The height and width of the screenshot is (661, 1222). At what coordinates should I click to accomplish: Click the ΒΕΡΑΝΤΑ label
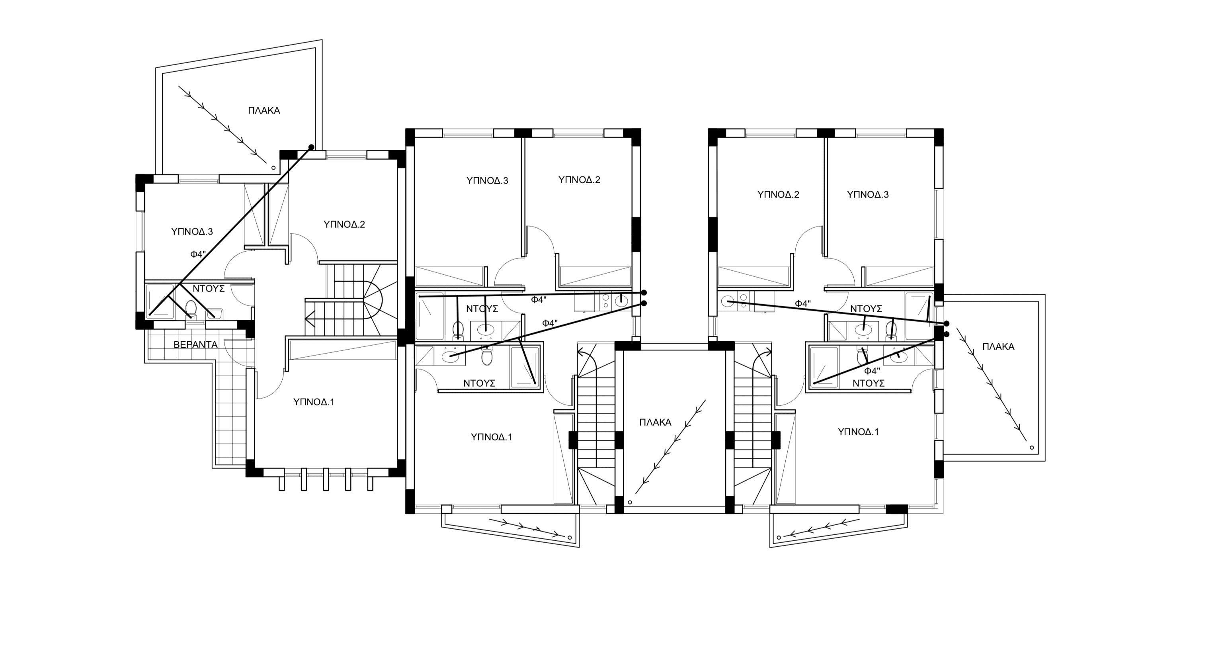coord(195,345)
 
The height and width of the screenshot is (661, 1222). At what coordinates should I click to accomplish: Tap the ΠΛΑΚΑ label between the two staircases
coord(655,422)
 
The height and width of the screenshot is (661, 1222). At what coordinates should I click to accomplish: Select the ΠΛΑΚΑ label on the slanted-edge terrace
coord(264,111)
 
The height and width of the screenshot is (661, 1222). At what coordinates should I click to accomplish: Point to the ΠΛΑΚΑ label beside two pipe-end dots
coord(998,347)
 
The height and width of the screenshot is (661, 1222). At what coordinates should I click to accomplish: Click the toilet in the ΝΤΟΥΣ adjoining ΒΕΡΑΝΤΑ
coord(191,309)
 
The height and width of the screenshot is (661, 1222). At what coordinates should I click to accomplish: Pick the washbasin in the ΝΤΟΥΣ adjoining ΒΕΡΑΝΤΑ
coord(214,313)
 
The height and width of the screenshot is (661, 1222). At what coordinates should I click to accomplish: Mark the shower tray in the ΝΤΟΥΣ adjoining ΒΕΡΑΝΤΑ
coord(160,301)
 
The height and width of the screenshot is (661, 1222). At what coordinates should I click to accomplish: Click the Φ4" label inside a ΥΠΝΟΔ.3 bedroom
coord(197,254)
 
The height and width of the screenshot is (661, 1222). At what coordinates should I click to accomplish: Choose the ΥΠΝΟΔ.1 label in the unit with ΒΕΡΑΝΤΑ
coord(314,402)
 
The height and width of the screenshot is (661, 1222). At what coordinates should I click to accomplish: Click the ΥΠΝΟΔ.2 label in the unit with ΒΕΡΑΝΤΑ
coord(344,225)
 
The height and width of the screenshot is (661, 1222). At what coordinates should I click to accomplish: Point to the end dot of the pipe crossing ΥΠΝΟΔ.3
coord(312,147)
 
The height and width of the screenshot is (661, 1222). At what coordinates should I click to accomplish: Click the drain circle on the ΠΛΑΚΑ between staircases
coord(630,502)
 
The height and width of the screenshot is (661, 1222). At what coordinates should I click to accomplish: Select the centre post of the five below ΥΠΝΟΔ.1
coord(326,479)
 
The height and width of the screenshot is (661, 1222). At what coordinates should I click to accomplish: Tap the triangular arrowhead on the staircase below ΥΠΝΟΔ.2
coord(310,317)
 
